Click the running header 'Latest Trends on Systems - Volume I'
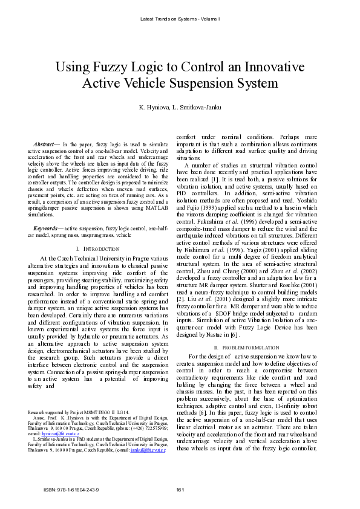click(180, 19)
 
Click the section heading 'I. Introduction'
click(99, 248)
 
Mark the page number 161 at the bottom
click(180, 490)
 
